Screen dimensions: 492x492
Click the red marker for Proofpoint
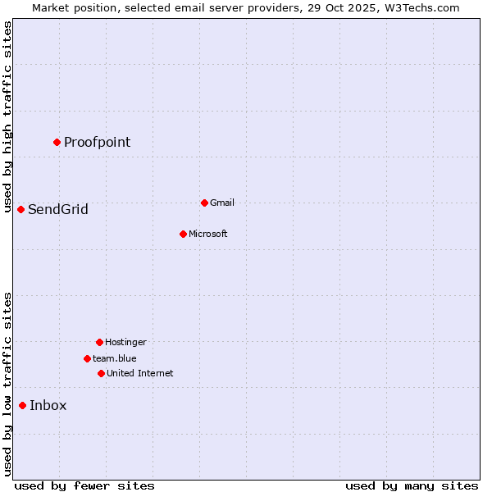(x=57, y=142)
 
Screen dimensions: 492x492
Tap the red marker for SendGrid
(x=20, y=209)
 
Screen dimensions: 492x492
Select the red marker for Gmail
(x=204, y=203)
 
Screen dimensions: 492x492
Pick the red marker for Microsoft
(x=183, y=234)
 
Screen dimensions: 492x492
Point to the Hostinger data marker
(x=99, y=342)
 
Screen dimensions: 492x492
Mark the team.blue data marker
(x=87, y=358)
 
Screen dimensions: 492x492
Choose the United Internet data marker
(x=101, y=373)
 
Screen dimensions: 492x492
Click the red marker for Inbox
(x=22, y=405)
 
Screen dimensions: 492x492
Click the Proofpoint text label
(x=97, y=143)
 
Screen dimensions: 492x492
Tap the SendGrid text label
(x=57, y=210)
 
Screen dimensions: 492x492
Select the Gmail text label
(x=222, y=203)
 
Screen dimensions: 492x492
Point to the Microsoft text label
(x=207, y=235)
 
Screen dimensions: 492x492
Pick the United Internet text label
(x=139, y=374)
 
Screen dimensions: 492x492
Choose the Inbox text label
(x=48, y=406)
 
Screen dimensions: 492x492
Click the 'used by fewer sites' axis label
(x=84, y=485)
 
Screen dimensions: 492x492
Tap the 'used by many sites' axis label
(x=412, y=485)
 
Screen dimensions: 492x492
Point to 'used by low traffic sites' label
(x=7, y=384)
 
